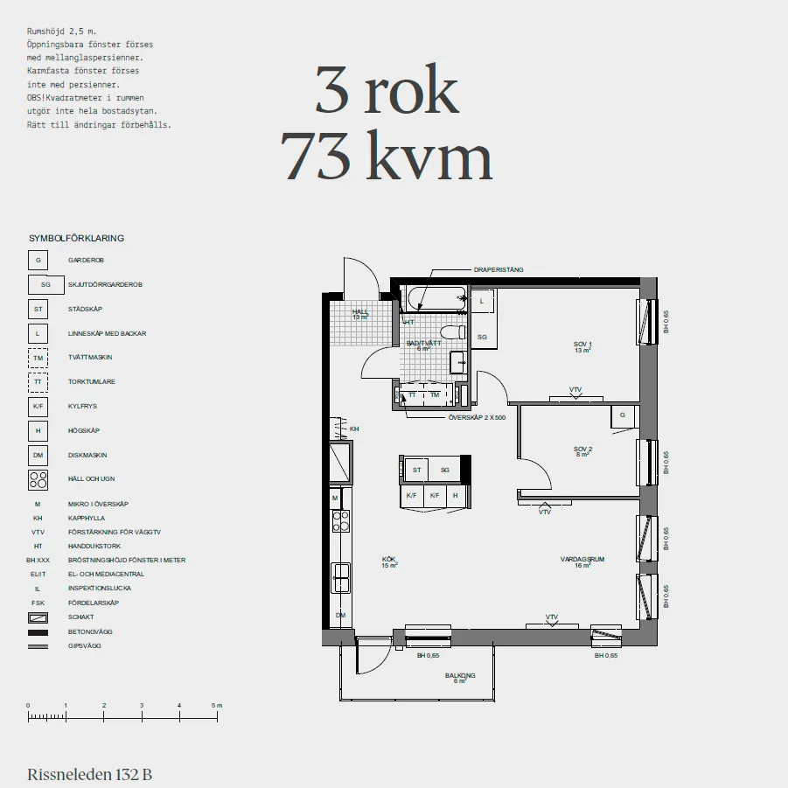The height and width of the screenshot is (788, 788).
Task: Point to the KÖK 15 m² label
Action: click(x=389, y=561)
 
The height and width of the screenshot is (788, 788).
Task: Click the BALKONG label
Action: click(x=459, y=677)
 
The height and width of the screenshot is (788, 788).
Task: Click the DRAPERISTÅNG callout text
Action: click(x=499, y=269)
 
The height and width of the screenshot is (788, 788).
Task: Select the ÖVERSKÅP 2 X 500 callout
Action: click(x=477, y=418)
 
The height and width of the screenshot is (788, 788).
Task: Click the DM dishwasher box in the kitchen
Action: click(x=340, y=616)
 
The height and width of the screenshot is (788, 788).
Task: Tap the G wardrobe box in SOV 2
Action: click(x=622, y=415)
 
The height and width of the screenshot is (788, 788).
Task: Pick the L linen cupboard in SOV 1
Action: click(x=482, y=301)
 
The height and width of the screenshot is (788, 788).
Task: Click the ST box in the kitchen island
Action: click(x=416, y=470)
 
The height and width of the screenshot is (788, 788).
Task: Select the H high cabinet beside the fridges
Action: click(x=456, y=495)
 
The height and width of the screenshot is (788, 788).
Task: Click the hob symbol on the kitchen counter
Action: click(x=341, y=521)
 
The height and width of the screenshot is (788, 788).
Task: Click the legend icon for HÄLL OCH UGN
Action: click(x=38, y=479)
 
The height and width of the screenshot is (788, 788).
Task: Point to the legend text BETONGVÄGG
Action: click(x=90, y=631)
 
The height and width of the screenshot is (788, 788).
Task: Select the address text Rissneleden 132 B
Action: click(x=90, y=774)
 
